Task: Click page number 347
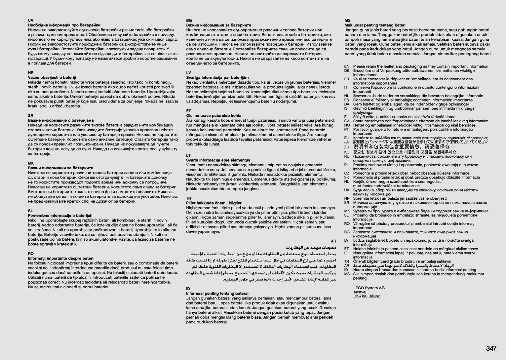click(491, 348)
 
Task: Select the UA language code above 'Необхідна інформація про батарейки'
click(31, 20)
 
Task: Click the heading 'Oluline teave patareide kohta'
click(214, 116)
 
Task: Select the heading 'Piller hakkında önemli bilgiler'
click(214, 203)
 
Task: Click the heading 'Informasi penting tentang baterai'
click(217, 294)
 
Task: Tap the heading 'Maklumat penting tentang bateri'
click(375, 25)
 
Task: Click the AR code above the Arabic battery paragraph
click(333, 242)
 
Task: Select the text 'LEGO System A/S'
click(369, 288)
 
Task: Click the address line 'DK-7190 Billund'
click(367, 296)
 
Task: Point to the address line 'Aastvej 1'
click(361, 292)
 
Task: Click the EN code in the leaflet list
click(347, 66)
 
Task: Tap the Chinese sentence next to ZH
click(402, 146)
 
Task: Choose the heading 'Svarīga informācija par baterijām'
click(217, 78)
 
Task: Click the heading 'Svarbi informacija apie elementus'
click(218, 160)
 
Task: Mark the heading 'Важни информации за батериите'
click(60, 168)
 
